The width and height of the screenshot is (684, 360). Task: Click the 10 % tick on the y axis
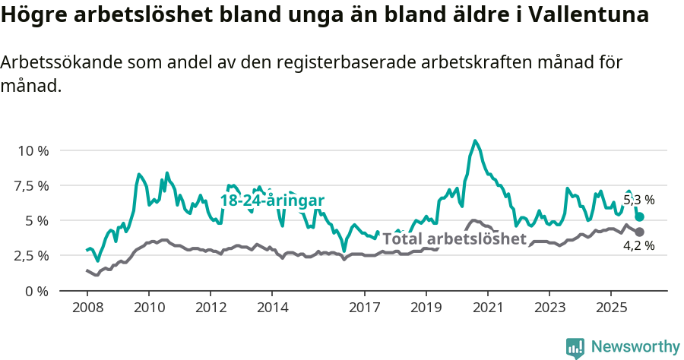[33, 150]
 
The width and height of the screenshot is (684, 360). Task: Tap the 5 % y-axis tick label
[37, 220]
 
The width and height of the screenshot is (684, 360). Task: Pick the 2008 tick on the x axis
[87, 308]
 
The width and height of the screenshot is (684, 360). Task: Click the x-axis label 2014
[273, 308]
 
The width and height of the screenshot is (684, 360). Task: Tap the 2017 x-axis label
[365, 308]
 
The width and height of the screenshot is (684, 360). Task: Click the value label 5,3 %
[638, 201]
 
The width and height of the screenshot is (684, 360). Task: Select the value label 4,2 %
[638, 245]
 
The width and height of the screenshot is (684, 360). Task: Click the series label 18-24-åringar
[272, 201]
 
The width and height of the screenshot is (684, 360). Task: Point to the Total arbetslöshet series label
[454, 238]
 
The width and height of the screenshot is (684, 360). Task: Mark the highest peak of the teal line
[475, 141]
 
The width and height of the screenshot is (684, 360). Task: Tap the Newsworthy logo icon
[575, 348]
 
